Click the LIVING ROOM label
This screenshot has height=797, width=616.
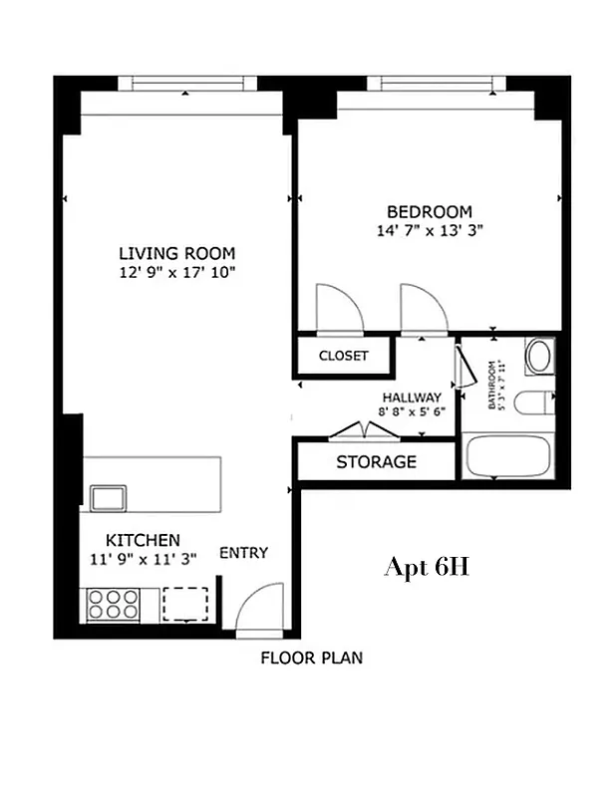[176, 253]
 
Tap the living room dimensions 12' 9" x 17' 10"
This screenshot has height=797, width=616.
[176, 272]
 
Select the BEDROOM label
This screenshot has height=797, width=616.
[429, 211]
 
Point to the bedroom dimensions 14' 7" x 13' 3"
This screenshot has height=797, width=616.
[429, 230]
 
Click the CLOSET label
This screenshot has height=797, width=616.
[343, 356]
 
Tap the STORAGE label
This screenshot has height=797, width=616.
[376, 462]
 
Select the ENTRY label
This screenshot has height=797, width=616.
[243, 553]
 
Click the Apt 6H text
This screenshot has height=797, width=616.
[426, 568]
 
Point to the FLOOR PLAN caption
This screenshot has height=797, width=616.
[312, 658]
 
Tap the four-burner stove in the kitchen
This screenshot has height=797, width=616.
[113, 604]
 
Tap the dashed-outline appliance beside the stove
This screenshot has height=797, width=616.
[185, 604]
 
